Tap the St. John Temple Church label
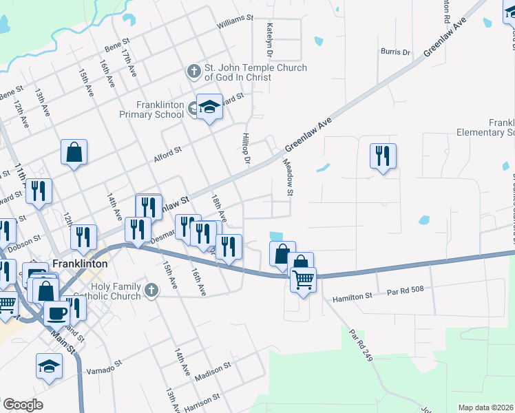point(255,72)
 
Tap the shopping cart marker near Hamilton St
point(302,279)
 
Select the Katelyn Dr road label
point(270,40)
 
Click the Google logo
point(23,405)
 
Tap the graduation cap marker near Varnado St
point(48,366)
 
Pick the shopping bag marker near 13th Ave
point(74,153)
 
